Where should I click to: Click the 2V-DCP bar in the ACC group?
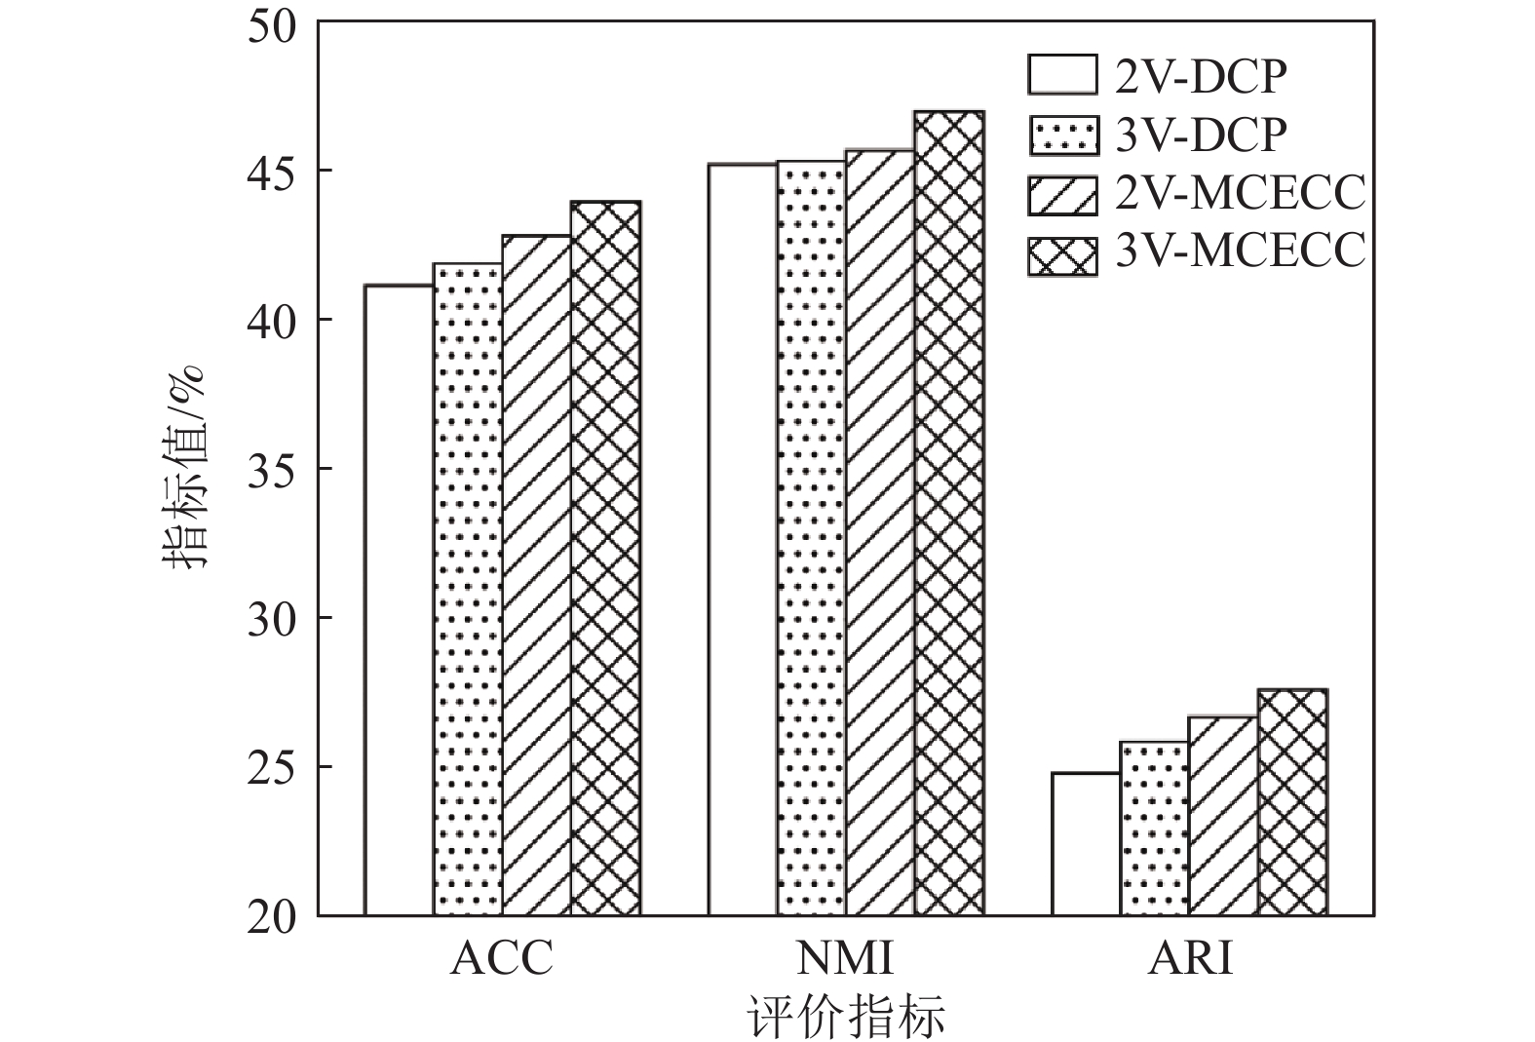(399, 599)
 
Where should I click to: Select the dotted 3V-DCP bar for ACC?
(468, 589)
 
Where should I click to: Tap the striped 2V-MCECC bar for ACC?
(537, 575)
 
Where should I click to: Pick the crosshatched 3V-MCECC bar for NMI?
(949, 514)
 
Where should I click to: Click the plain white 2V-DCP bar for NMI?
(743, 540)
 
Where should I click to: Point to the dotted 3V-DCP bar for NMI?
(812, 538)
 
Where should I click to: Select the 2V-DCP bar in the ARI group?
(1086, 843)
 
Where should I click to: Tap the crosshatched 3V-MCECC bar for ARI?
(1292, 802)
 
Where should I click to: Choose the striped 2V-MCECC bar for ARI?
(1223, 816)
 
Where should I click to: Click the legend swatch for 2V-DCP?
(1061, 75)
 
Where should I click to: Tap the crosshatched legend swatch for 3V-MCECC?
(1061, 254)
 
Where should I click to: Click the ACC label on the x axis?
(502, 958)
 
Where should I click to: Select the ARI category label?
(1190, 958)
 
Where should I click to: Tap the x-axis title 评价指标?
(846, 1018)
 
